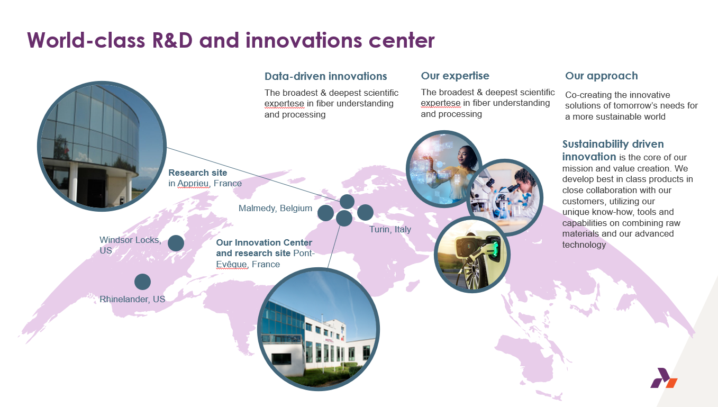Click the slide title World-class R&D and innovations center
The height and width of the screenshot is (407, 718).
[231, 40]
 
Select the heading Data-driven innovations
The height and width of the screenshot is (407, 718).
[325, 76]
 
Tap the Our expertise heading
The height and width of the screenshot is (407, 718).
[455, 76]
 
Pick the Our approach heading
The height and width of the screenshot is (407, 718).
[601, 76]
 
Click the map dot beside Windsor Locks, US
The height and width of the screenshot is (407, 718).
[176, 243]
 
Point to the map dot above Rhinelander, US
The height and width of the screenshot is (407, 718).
[143, 282]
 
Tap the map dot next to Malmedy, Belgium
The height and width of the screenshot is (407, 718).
[325, 213]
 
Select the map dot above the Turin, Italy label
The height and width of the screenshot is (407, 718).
[365, 212]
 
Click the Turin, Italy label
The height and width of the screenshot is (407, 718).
[390, 229]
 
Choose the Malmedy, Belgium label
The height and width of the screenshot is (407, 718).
[275, 208]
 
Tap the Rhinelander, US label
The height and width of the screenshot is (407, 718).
[132, 299]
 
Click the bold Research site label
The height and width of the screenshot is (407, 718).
[198, 173]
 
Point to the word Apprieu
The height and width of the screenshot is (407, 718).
[194, 184]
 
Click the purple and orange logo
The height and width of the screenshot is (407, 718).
[664, 378]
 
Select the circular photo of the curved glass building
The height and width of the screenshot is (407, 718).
[102, 146]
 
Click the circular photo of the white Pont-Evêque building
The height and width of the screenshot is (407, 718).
[319, 329]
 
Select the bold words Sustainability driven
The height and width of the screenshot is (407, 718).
[613, 144]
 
